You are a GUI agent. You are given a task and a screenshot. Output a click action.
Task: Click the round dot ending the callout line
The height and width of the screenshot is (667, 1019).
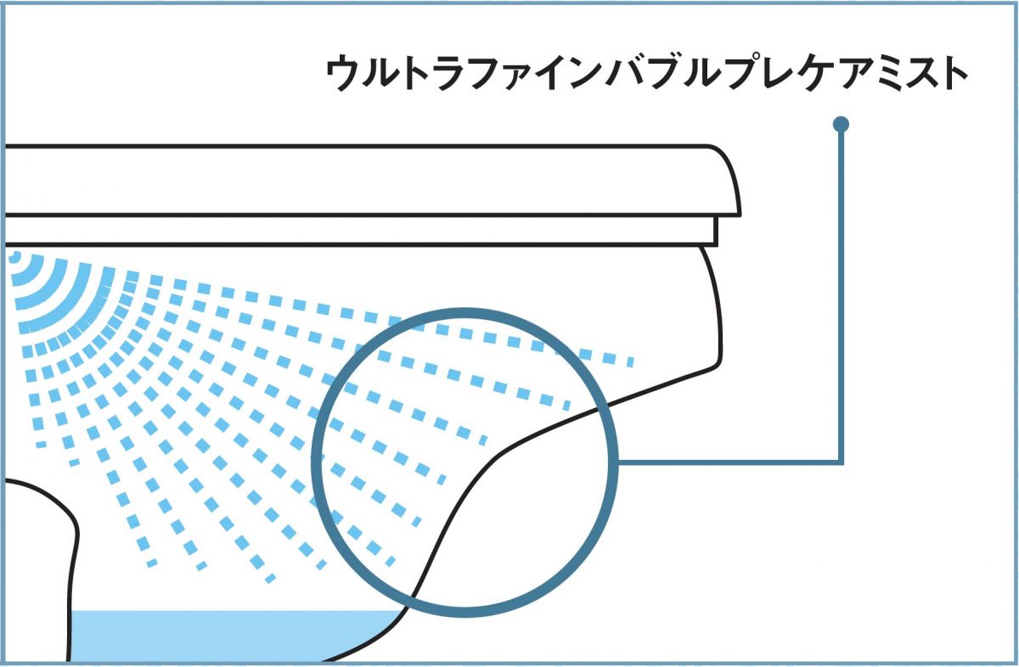[x=842, y=125]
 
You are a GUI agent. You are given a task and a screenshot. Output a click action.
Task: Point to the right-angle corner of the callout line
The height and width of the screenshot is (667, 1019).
[x=841, y=462]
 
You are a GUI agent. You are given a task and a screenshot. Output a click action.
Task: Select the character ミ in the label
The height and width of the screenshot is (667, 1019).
[x=879, y=75]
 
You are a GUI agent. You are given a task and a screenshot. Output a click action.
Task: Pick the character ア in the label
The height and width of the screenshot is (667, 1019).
[x=842, y=75]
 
